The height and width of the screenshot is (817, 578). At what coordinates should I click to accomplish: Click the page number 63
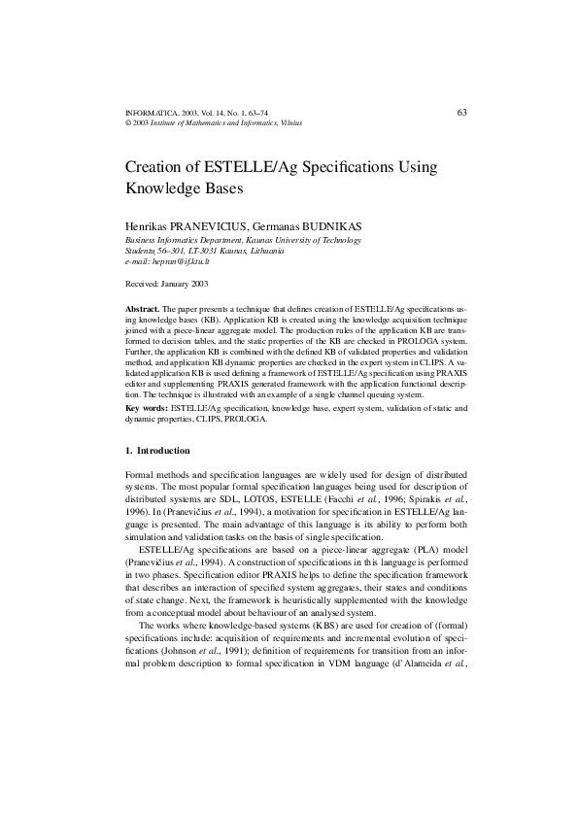pyautogui.click(x=462, y=113)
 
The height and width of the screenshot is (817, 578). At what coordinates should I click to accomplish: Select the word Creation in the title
pyautogui.click(x=158, y=167)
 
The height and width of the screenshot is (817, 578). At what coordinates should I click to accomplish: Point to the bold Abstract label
pyautogui.click(x=143, y=306)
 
